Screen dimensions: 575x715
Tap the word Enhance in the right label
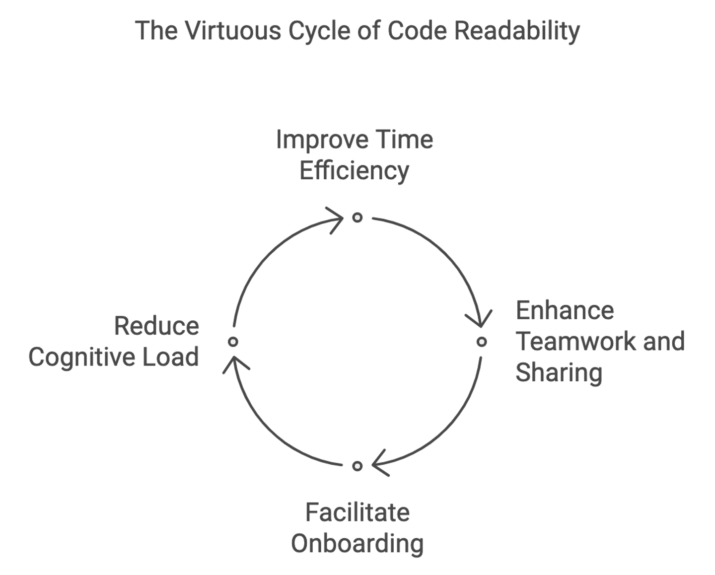(x=565, y=311)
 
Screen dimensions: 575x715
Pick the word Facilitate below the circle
(x=357, y=512)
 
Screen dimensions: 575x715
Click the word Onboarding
(x=357, y=544)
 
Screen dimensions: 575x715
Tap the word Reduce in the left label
(x=156, y=327)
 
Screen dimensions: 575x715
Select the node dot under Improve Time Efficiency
(x=357, y=217)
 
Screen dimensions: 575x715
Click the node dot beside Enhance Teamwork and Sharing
(x=481, y=342)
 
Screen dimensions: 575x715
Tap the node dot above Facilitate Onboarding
(x=357, y=466)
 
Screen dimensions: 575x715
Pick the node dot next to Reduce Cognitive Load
(x=233, y=342)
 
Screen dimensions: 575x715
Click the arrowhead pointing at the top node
(x=338, y=218)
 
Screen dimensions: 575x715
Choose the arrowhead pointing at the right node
(x=479, y=320)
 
